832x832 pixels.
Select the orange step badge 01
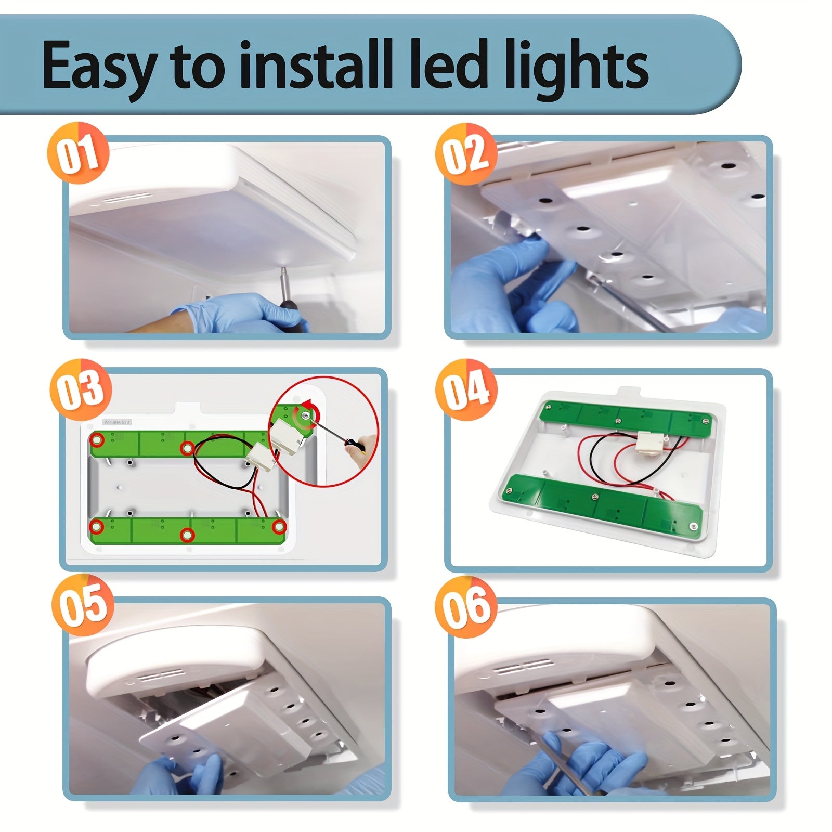pyautogui.click(x=78, y=153)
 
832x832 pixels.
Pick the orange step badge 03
pyautogui.click(x=81, y=389)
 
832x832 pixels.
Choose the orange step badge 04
pyautogui.click(x=466, y=389)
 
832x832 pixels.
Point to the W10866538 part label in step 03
pyautogui.click(x=117, y=422)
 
